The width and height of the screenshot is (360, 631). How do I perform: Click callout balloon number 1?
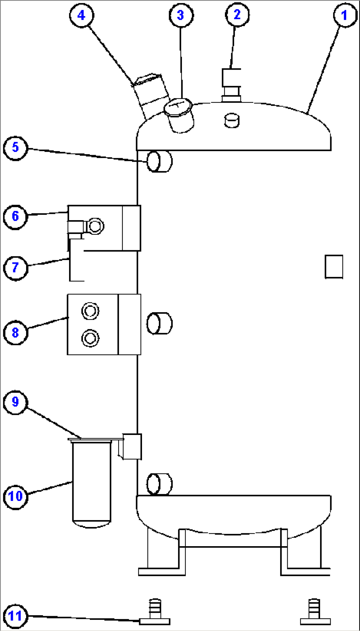coord(345,15)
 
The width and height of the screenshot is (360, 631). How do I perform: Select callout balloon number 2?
coord(237,15)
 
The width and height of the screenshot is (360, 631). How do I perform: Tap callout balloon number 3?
coord(181,15)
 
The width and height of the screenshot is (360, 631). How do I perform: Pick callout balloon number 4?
coord(82,15)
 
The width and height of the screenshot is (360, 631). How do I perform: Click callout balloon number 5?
coord(15,147)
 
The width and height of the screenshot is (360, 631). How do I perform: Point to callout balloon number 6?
coord(15,216)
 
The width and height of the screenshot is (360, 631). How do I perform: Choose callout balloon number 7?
coord(15,267)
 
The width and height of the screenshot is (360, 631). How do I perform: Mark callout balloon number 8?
coord(15,332)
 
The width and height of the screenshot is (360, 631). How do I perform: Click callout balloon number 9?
coord(15,402)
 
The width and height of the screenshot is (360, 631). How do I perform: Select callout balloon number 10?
coord(15,496)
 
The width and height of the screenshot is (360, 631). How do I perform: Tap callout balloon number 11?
coord(15,616)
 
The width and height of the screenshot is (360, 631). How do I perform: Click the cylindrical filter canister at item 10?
coord(91,482)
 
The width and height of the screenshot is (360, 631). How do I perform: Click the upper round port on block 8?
coord(90,311)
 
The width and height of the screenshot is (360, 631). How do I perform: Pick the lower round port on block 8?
coord(90,338)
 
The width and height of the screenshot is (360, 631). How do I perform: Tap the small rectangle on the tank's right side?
coord(334,267)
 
